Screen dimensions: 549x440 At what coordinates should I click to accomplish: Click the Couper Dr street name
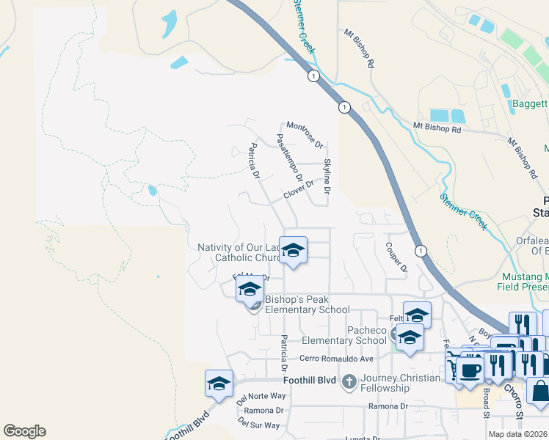point(396,258)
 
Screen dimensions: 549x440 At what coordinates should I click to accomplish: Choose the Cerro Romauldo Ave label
point(337,359)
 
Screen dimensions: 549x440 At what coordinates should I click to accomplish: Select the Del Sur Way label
point(259,425)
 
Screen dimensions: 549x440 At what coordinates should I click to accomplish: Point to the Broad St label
point(486,403)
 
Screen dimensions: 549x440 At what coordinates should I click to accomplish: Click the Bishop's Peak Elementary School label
point(308,304)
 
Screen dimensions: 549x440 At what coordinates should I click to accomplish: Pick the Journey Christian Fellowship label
point(400,383)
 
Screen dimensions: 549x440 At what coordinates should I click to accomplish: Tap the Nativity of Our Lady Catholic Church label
point(239,252)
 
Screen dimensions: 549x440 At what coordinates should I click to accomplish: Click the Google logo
point(24,431)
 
